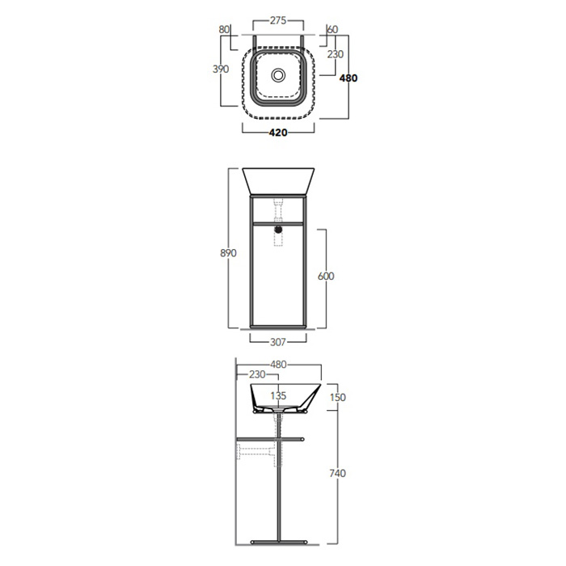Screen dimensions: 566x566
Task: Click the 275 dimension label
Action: (278, 20)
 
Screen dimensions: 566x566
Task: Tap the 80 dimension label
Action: (224, 29)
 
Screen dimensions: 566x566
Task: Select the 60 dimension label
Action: (332, 29)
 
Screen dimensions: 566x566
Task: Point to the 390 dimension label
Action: (221, 69)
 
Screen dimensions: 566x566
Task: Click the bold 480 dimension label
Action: (348, 78)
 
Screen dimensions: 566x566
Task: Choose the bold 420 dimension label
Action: (278, 133)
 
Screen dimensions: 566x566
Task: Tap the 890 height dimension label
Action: (228, 253)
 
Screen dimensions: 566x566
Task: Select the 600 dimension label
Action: (326, 277)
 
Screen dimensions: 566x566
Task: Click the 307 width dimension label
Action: (278, 342)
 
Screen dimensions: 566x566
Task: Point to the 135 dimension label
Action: (278, 395)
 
